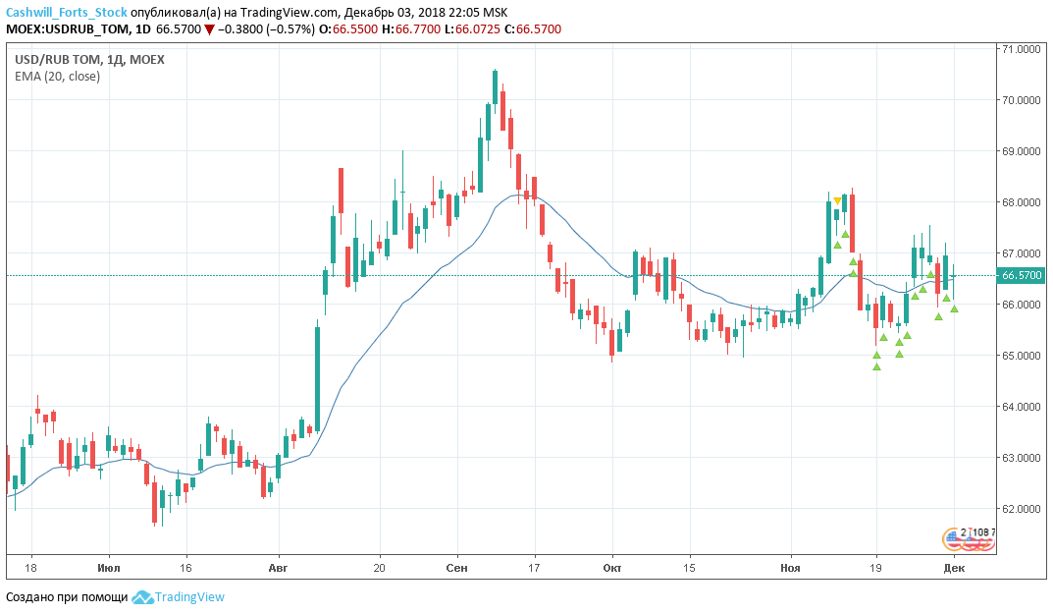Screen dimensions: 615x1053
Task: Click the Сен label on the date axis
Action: coord(456,568)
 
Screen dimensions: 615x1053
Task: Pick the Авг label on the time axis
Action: coord(280,568)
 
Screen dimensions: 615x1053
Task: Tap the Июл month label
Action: coord(109,568)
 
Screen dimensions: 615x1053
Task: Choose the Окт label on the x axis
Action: coord(612,568)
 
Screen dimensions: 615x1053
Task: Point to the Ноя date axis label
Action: coord(790,568)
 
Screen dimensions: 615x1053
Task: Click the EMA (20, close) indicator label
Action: coord(57,77)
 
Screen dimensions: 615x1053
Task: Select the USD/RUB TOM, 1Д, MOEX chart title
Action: coord(89,59)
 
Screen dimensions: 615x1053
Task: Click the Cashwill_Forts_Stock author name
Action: coord(66,12)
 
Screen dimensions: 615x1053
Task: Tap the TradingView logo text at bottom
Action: coord(190,596)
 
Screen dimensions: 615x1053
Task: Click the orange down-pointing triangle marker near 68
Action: coord(837,201)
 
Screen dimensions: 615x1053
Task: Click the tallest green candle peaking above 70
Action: coord(496,88)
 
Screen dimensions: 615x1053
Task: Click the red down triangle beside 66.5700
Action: coord(209,29)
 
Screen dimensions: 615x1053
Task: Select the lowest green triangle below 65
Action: coord(876,367)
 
